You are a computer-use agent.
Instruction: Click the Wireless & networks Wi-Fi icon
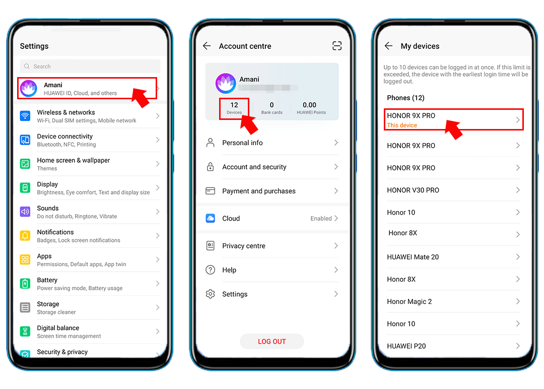click(x=25, y=116)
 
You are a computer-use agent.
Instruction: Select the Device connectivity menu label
click(x=65, y=137)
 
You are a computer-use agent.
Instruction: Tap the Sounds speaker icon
click(x=25, y=212)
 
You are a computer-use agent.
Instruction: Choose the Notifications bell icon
click(x=25, y=236)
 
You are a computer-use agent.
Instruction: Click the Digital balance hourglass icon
click(x=25, y=332)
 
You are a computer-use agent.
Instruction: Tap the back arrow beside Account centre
click(x=207, y=46)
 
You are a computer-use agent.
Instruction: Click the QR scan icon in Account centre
click(x=337, y=46)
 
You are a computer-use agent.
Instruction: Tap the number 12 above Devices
click(x=234, y=105)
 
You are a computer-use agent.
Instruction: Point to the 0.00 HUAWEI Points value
click(x=310, y=105)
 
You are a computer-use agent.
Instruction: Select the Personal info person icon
click(x=211, y=143)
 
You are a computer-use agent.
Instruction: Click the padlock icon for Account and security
click(x=211, y=167)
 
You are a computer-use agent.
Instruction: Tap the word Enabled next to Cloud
click(x=321, y=219)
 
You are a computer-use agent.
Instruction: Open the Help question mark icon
click(x=211, y=270)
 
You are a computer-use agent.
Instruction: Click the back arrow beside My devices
click(x=388, y=46)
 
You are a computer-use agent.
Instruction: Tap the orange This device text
click(x=402, y=125)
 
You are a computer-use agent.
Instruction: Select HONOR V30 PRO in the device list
click(x=413, y=190)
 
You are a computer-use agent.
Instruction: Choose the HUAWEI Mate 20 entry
click(x=413, y=257)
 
